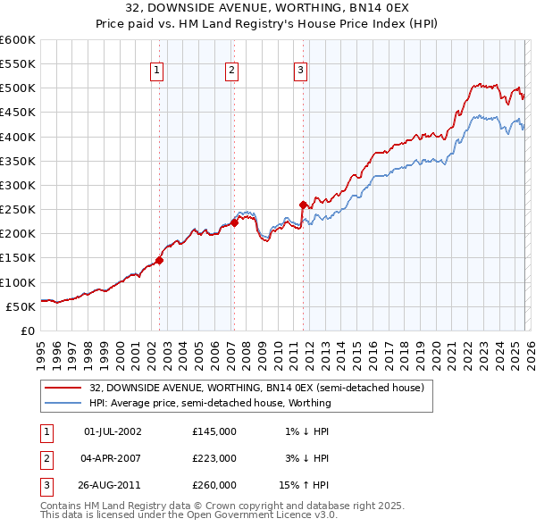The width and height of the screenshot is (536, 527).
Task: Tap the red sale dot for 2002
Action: [x=159, y=261]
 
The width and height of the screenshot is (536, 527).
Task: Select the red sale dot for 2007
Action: [x=234, y=223]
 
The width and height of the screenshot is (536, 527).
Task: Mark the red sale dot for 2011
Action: [x=303, y=205]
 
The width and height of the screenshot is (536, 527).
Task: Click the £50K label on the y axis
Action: [x=21, y=306]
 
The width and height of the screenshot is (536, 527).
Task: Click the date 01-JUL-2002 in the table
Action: [x=112, y=431]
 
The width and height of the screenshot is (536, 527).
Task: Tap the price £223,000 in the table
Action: [x=214, y=458]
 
